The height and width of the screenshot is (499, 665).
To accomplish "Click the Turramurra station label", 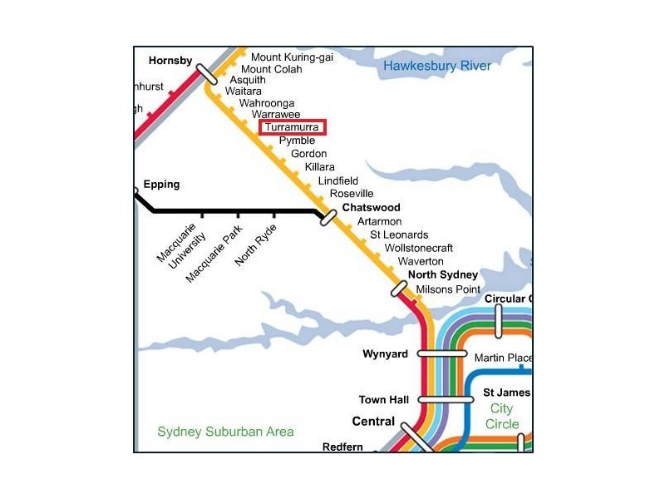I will (292, 127).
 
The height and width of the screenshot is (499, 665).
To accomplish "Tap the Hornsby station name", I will (170, 61).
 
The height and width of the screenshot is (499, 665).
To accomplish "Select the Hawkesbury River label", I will (436, 66).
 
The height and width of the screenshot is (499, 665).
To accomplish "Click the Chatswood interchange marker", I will (328, 217).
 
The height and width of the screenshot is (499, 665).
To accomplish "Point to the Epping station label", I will (161, 184).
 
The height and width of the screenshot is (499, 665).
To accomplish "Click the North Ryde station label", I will (254, 245).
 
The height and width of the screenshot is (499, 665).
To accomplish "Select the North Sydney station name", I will (443, 275).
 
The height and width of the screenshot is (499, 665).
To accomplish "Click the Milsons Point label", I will (448, 289).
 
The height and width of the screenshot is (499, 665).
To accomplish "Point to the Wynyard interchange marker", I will (442, 353).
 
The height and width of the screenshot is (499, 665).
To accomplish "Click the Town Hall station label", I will (383, 400).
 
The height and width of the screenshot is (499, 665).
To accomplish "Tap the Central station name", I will (373, 422).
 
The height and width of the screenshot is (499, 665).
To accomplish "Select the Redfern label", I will (342, 447).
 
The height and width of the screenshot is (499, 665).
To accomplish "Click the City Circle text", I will (503, 416).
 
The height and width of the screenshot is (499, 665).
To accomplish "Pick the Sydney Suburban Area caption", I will (225, 432).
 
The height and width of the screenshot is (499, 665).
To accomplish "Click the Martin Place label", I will (502, 358).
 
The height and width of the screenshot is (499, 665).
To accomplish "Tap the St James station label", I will (506, 393).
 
